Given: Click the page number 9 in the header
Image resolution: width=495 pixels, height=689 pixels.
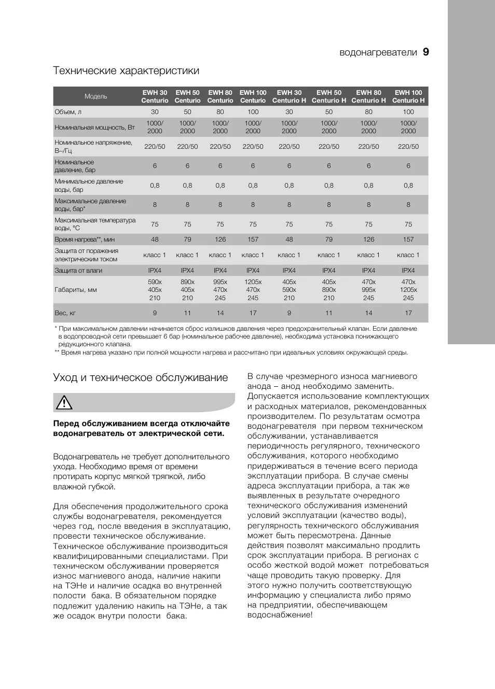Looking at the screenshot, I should pos(425,52).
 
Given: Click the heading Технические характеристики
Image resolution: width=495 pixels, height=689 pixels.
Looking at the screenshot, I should pos(126,71).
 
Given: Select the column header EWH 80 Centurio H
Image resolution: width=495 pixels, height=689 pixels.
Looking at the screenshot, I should pos(368,96).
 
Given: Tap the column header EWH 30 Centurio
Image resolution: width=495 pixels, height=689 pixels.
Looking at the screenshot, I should pos(155,96).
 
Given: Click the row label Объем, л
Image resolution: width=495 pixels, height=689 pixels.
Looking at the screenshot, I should pos(68,112).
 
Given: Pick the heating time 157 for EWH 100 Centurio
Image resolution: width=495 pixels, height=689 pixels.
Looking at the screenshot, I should pos(253,240).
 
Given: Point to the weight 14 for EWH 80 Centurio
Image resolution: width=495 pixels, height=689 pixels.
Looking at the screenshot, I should pos(220,313).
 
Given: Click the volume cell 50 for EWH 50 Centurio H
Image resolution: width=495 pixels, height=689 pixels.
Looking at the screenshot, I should pos(329,112).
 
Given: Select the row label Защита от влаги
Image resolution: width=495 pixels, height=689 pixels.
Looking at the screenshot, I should pos(78,271).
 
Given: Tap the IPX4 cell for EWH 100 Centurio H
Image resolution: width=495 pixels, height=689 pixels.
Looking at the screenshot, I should pos(408,271).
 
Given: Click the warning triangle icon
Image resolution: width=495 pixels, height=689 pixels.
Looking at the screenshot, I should pos(64,402).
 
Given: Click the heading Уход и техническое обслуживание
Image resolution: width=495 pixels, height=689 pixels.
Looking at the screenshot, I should pos(140,377).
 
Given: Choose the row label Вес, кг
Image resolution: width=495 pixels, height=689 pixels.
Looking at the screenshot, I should pos(65,313).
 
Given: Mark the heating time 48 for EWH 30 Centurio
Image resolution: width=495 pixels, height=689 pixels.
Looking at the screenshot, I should pos(155,240).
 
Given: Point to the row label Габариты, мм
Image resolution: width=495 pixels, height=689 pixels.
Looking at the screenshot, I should pos(76,290).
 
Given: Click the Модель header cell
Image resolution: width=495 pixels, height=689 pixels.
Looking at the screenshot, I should pos(96,96).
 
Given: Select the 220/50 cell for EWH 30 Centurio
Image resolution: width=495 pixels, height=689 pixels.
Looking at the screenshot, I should pos(155,147).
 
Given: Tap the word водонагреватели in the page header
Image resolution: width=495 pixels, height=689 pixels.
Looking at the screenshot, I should pos(378,52).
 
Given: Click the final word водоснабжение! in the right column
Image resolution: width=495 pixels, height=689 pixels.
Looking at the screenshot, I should pos(280,615).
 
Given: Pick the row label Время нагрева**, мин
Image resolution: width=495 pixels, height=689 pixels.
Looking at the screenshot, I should pos(85,240).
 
